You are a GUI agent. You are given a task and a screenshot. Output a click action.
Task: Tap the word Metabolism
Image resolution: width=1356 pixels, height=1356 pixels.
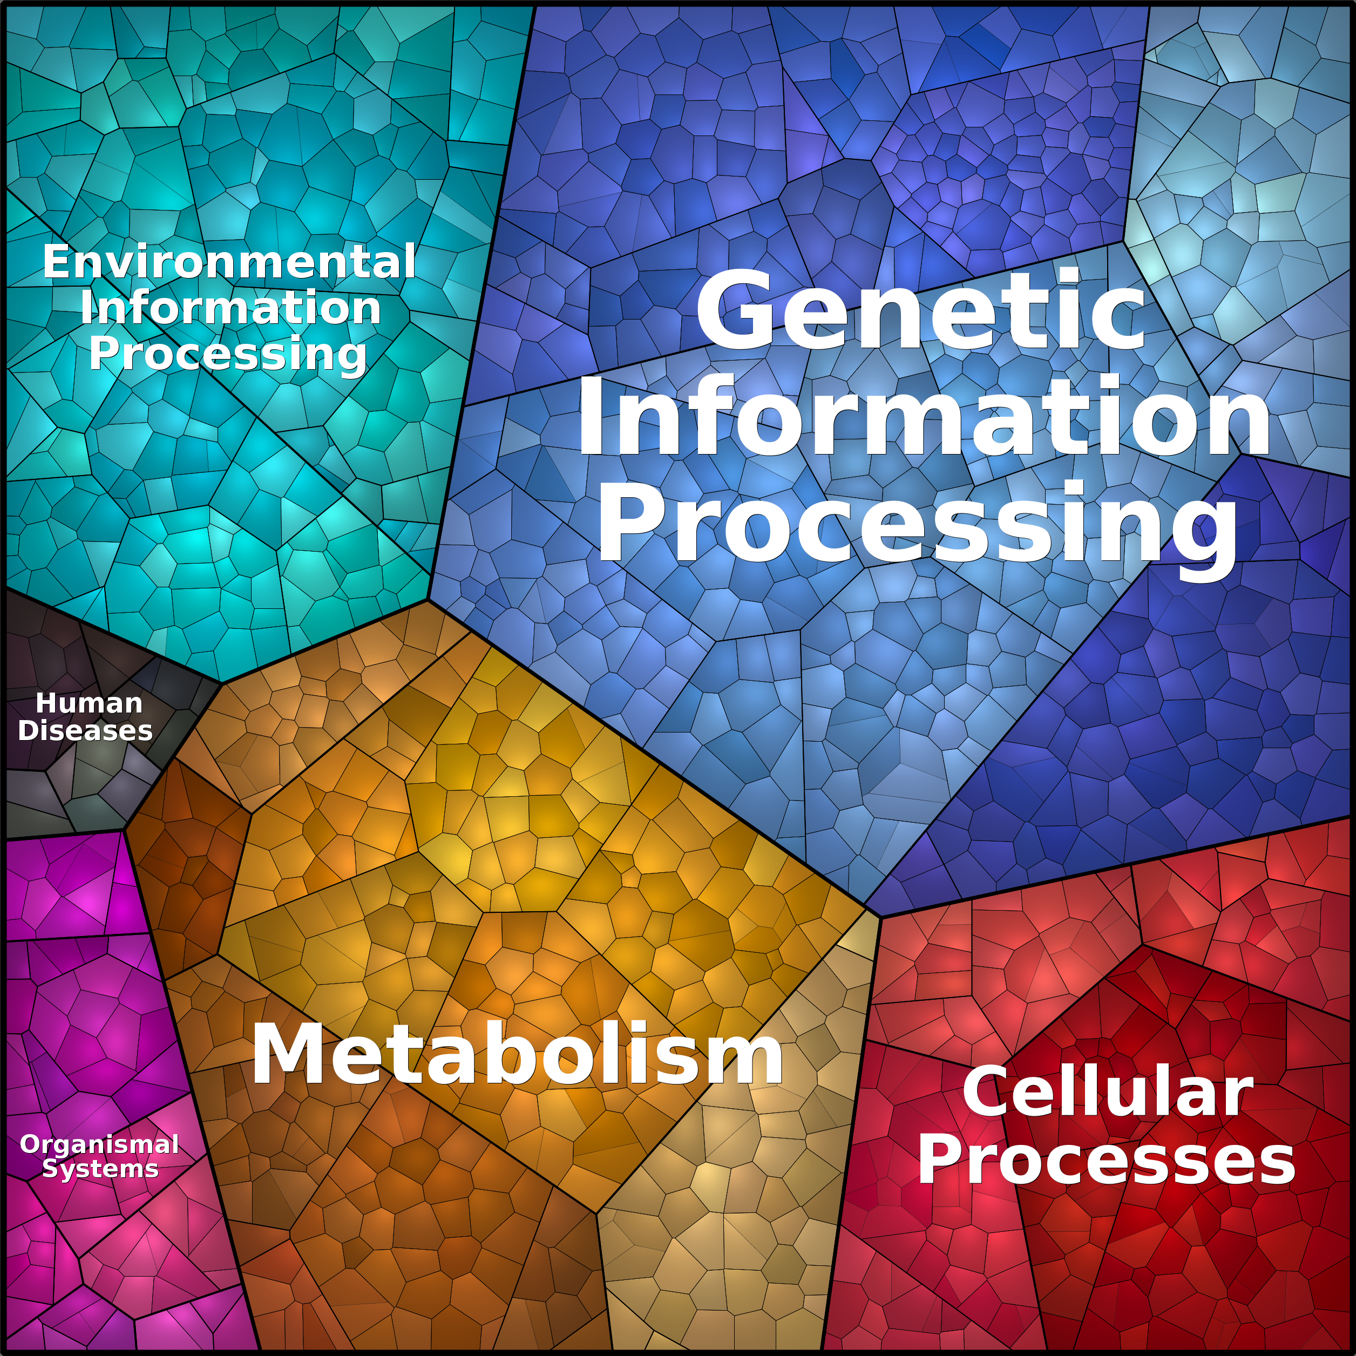coord(517,1054)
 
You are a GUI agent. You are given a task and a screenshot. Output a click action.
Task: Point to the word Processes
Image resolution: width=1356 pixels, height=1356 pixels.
coord(1106,1161)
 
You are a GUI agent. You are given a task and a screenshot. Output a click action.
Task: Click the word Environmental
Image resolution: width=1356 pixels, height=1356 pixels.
coord(229,262)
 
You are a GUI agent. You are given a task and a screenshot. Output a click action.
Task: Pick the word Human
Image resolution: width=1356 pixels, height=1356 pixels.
coord(89,703)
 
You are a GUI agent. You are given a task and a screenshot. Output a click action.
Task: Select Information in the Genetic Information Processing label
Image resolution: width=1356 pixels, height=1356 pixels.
coord(924,416)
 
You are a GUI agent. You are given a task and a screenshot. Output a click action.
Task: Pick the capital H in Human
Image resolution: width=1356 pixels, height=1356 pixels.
coord(46,703)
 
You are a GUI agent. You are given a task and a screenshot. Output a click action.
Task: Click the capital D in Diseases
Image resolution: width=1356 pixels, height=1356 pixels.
coord(30,731)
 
